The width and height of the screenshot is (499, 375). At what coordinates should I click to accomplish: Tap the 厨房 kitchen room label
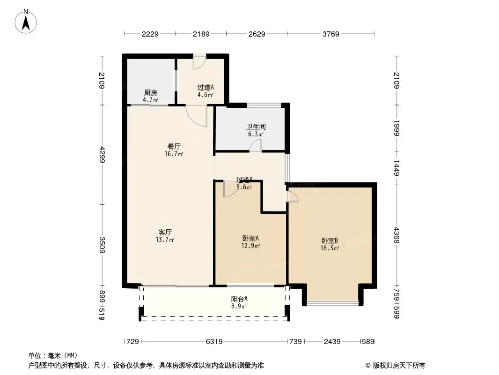coord(150,93)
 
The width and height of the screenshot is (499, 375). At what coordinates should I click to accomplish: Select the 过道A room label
coord(205,87)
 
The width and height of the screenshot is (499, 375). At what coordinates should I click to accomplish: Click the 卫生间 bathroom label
coord(256,127)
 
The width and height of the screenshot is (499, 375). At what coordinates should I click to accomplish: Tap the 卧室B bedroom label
coord(330,240)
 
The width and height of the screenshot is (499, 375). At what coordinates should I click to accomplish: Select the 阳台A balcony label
coord(239,299)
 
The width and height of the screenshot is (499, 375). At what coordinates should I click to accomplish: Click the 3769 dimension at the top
coord(330,34)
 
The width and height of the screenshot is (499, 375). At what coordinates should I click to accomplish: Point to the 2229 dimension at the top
coord(150,34)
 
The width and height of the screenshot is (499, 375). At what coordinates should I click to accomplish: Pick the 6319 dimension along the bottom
coord(214,342)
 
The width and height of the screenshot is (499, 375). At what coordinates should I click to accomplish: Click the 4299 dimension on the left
coord(103,154)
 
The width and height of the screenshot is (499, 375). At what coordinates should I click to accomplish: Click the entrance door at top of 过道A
coord(199,61)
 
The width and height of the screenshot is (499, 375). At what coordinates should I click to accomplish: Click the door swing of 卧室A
coord(230,188)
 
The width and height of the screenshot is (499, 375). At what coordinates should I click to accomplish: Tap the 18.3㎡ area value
coord(330,248)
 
